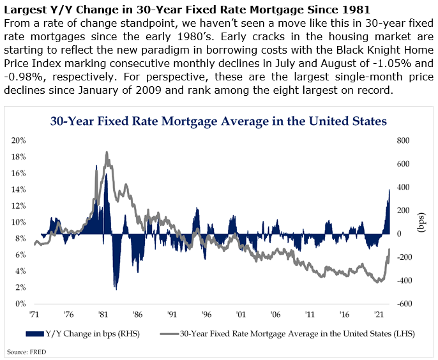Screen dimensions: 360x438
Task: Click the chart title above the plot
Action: pyautogui.click(x=218, y=121)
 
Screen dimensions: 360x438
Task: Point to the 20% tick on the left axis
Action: pyautogui.click(x=19, y=140)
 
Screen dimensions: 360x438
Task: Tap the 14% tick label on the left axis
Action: pyautogui.click(x=19, y=190)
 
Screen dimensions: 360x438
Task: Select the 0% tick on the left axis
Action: pyautogui.click(x=20, y=304)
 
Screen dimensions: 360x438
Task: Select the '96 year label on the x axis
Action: pyautogui.click(x=206, y=315)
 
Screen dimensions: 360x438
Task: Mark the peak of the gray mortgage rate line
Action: pyautogui.click(x=107, y=153)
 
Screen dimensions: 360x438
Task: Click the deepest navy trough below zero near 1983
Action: pyautogui.click(x=116, y=289)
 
